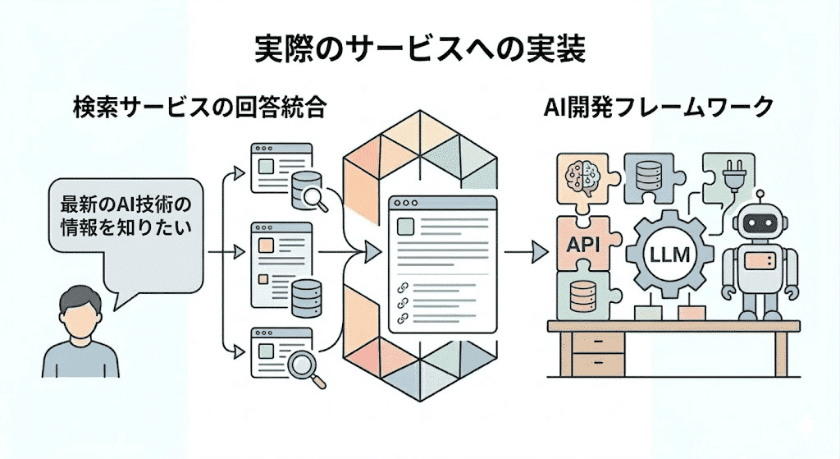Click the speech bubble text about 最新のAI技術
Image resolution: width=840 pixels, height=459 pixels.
click(x=125, y=215)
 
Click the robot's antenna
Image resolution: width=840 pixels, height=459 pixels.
click(x=759, y=198)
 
